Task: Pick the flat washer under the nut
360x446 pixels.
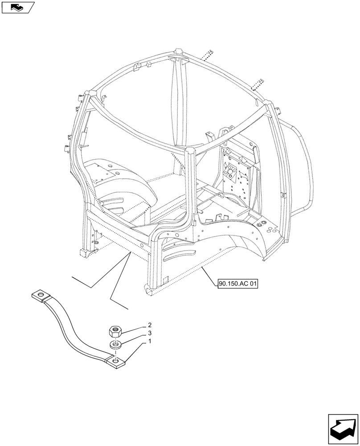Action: pyautogui.click(x=115, y=344)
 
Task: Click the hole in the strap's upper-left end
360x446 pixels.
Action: pyautogui.click(x=40, y=295)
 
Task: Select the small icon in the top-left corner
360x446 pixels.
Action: pyautogui.click(x=18, y=7)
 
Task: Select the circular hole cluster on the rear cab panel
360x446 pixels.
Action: pyautogui.click(x=232, y=173)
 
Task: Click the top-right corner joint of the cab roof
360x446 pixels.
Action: pyautogui.click(x=269, y=105)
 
